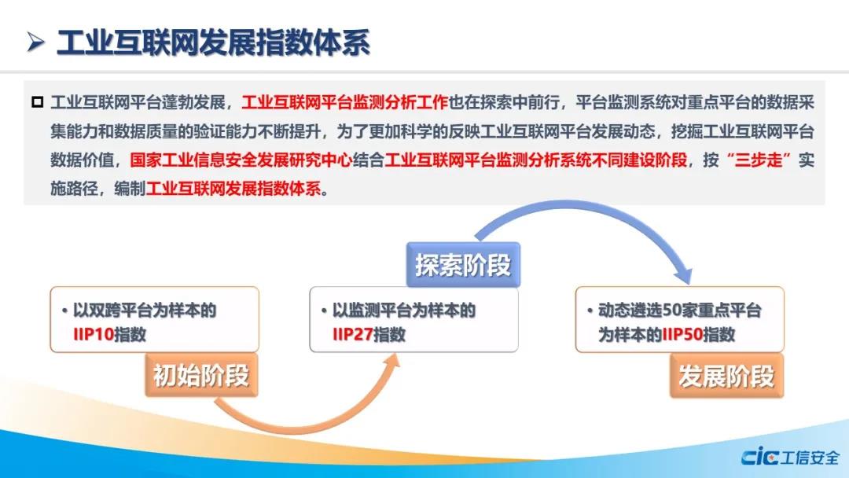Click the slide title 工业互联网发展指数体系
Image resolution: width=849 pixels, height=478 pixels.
[x=213, y=42]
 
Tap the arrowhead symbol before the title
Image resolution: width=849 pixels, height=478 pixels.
[x=35, y=42]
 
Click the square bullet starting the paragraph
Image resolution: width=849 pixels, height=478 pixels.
[x=38, y=101]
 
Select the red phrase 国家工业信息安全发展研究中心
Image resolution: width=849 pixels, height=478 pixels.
[x=241, y=160]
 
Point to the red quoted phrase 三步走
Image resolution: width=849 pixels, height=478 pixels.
[x=759, y=160]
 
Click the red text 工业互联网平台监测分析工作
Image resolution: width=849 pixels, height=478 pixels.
[x=345, y=102]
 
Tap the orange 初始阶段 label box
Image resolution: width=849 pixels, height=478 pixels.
[x=201, y=375]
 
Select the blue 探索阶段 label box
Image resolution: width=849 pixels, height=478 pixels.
[x=463, y=265]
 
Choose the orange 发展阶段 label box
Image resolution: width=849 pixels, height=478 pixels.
[x=726, y=377]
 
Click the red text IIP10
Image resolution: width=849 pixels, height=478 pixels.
[x=93, y=335]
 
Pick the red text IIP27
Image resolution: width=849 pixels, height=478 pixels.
[x=352, y=335]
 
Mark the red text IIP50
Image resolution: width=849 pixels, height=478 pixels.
[x=683, y=335]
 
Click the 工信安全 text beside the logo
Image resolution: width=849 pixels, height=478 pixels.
[x=810, y=458]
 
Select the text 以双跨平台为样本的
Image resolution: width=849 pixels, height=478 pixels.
[x=145, y=311]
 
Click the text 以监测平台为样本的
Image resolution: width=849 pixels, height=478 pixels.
[x=404, y=311]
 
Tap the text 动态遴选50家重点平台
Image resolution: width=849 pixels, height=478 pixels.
[x=680, y=311]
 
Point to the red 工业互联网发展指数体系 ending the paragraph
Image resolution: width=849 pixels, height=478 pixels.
[x=233, y=189]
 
